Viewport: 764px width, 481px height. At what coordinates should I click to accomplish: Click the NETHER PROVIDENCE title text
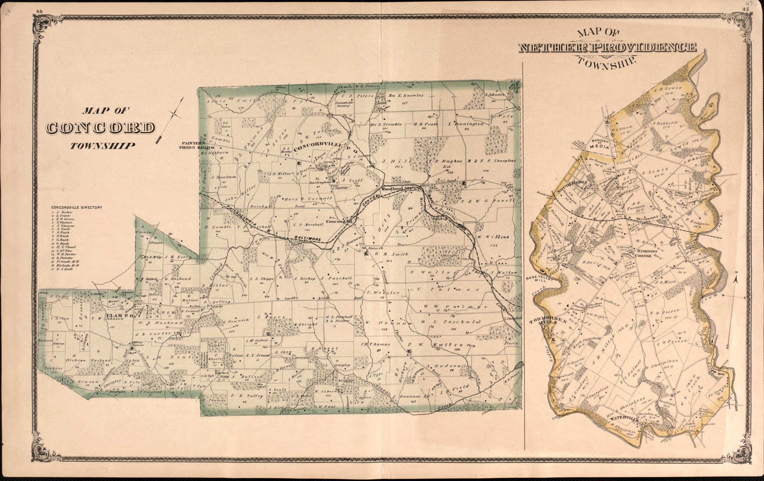[607, 48]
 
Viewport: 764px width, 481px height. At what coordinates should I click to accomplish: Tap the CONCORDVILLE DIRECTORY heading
[77, 207]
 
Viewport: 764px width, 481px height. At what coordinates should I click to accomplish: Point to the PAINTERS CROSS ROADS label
[196, 145]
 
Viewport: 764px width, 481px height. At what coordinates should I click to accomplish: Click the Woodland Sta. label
[396, 188]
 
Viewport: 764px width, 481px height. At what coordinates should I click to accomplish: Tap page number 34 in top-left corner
[39, 11]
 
